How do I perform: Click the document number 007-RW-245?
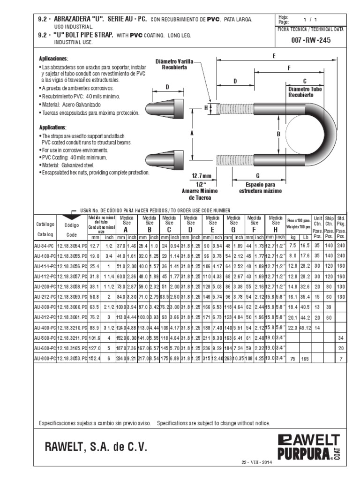click(x=311, y=40)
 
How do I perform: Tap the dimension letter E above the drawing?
click(x=274, y=56)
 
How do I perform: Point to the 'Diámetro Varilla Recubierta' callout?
click(x=174, y=64)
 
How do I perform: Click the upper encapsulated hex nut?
click(x=166, y=109)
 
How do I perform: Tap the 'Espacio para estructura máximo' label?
click(x=257, y=188)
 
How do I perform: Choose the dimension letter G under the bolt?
click(x=258, y=163)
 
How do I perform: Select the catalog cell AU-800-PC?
click(x=45, y=358)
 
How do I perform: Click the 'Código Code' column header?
click(x=72, y=230)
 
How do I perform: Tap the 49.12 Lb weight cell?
click(x=305, y=328)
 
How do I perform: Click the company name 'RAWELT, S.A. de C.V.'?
click(x=96, y=448)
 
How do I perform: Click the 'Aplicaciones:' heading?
click(x=54, y=59)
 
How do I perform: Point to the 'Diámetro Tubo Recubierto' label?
click(x=301, y=91)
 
